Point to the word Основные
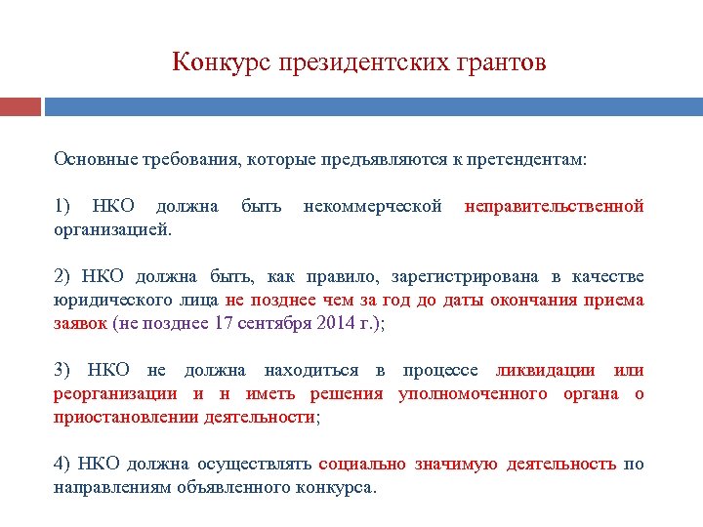pyautogui.click(x=89, y=158)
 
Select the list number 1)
pyautogui.click(x=62, y=206)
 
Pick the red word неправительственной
pyautogui.click(x=554, y=206)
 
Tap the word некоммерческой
pyautogui.click(x=372, y=206)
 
